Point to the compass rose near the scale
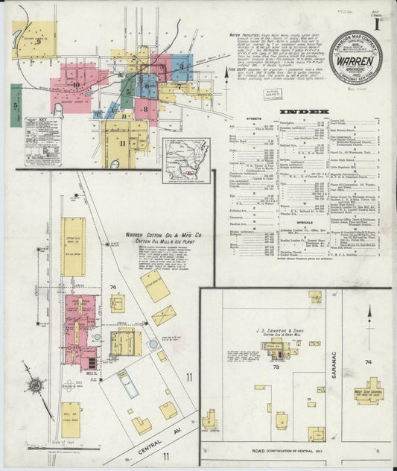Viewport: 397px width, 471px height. tap(34, 385)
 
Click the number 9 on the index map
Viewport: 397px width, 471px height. tap(37, 42)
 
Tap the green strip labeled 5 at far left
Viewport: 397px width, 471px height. tap(16, 104)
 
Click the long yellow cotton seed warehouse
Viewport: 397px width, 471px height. tap(74, 246)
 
